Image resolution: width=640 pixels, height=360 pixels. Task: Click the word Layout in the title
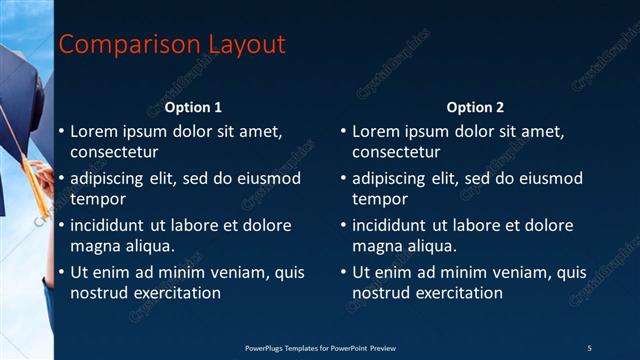(246, 45)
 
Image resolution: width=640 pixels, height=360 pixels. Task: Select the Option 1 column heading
(193, 107)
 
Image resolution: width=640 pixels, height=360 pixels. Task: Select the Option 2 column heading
(476, 107)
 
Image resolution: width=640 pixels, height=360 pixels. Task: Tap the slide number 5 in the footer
(589, 347)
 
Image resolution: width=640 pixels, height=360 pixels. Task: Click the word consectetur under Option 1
(114, 152)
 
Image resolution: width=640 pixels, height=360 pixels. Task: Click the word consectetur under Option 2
(396, 152)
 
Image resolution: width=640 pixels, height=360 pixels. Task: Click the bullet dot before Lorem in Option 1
(61, 131)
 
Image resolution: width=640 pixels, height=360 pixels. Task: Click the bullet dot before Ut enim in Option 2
(343, 272)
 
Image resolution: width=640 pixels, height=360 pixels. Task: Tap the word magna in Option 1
(94, 246)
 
